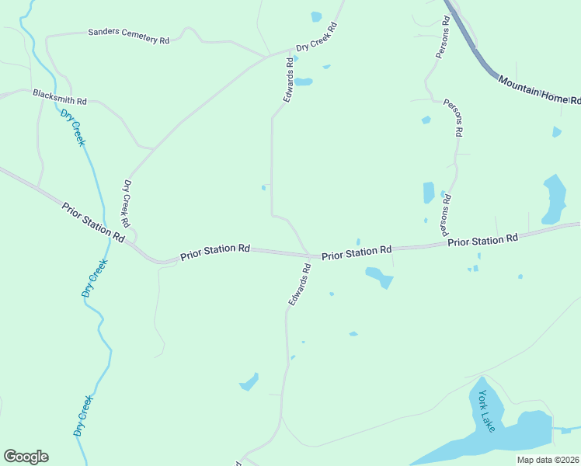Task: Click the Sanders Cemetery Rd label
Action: [128, 36]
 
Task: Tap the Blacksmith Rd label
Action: [59, 96]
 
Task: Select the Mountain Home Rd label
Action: [539, 90]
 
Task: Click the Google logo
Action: [26, 457]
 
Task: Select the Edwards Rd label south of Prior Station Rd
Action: [299, 284]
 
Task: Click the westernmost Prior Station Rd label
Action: [92, 222]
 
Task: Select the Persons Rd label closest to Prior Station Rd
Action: [446, 214]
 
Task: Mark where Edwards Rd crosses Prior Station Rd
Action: [309, 255]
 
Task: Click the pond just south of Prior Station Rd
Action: [380, 276]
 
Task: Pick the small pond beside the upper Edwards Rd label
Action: [303, 82]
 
